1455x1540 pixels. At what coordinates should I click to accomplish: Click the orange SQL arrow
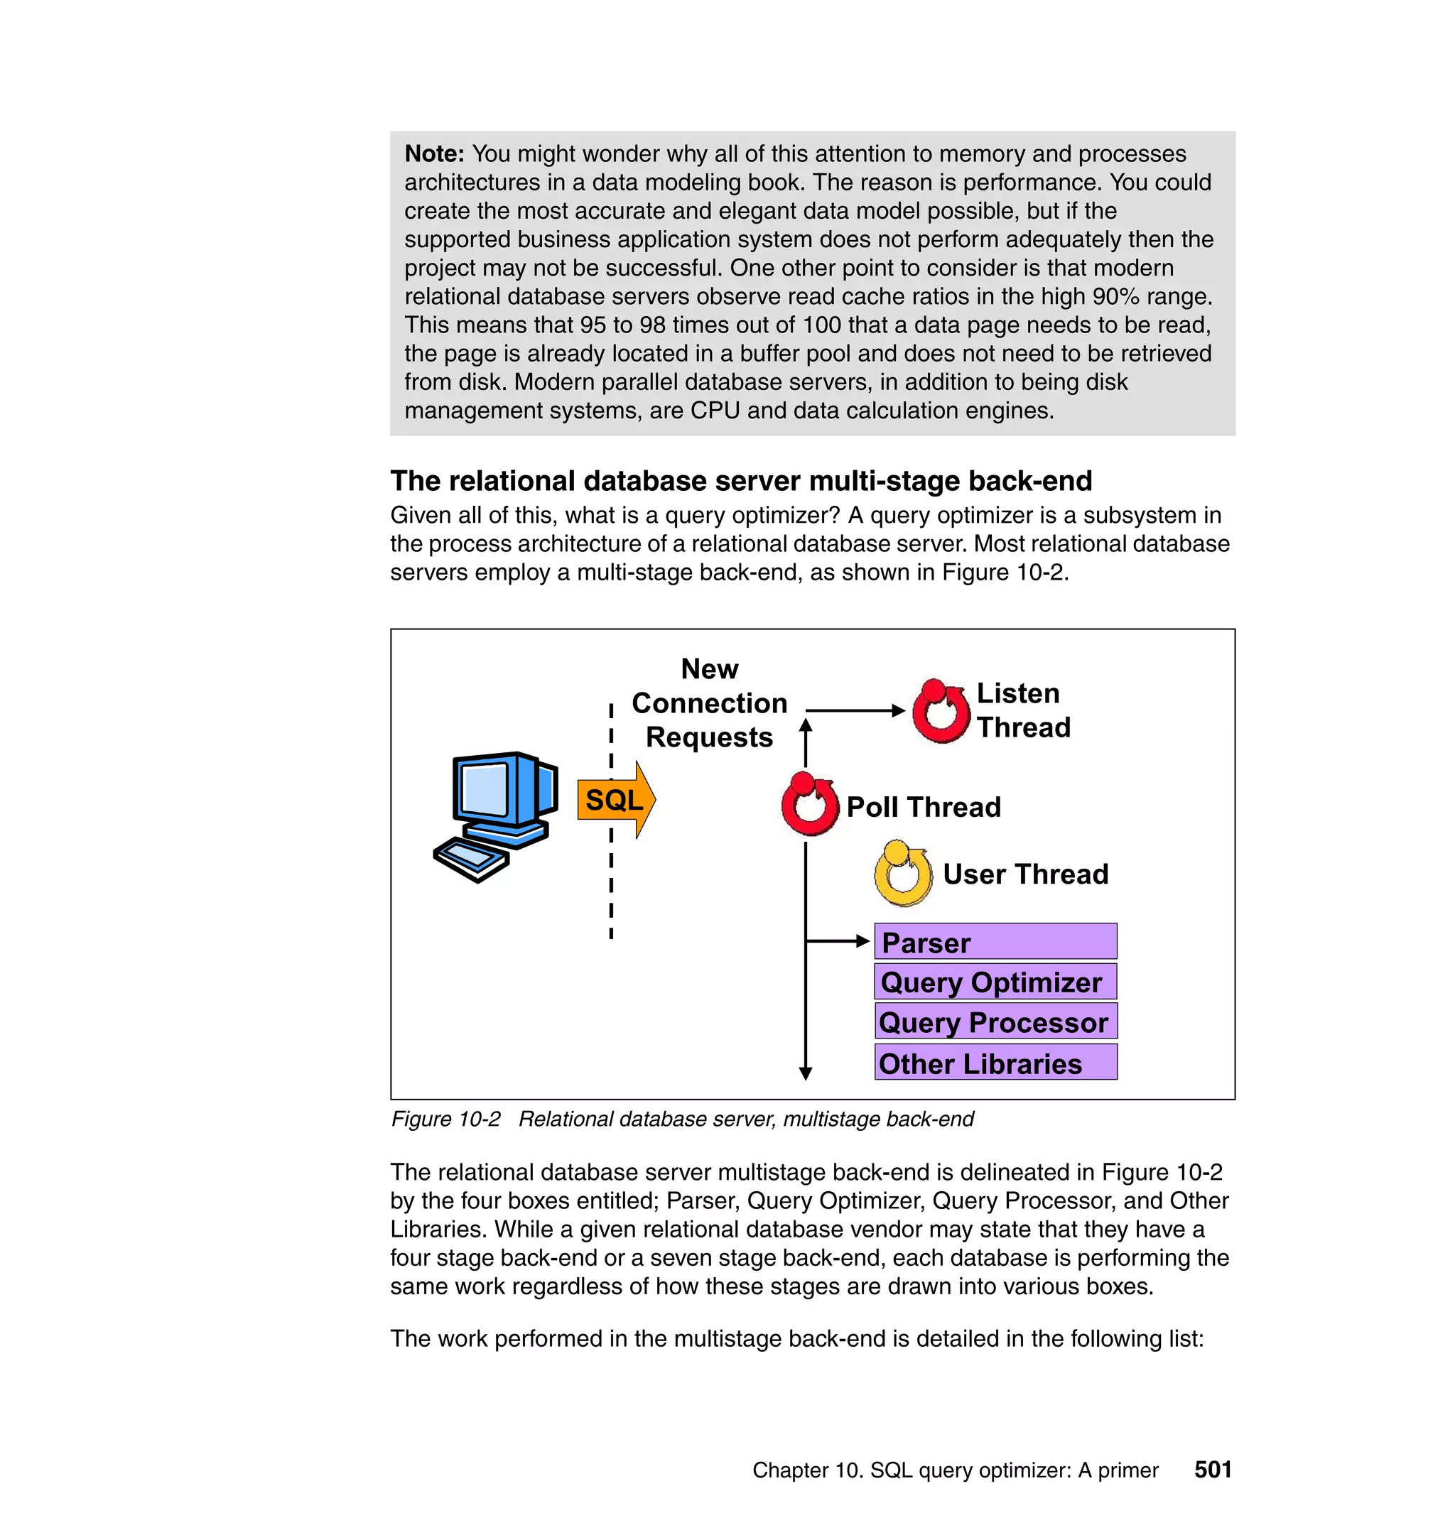(616, 799)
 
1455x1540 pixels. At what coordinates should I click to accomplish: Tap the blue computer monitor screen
(485, 787)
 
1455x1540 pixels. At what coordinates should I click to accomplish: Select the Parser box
(995, 942)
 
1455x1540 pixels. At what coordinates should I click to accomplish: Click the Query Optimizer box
(995, 982)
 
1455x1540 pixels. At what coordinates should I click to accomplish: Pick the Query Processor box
(995, 1022)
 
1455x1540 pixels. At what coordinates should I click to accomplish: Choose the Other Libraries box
(995, 1063)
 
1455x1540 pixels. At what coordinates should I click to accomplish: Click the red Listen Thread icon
(940, 711)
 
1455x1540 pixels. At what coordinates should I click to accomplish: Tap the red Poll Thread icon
(809, 804)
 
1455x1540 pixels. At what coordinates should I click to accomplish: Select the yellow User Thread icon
(902, 874)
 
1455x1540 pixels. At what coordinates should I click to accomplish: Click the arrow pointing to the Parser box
(838, 941)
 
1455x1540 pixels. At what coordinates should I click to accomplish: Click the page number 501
(1212, 1470)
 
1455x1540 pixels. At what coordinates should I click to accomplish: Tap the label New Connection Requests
(709, 703)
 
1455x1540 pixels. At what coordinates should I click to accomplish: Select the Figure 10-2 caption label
(445, 1119)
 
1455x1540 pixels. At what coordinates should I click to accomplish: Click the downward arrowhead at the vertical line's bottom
(805, 1073)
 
